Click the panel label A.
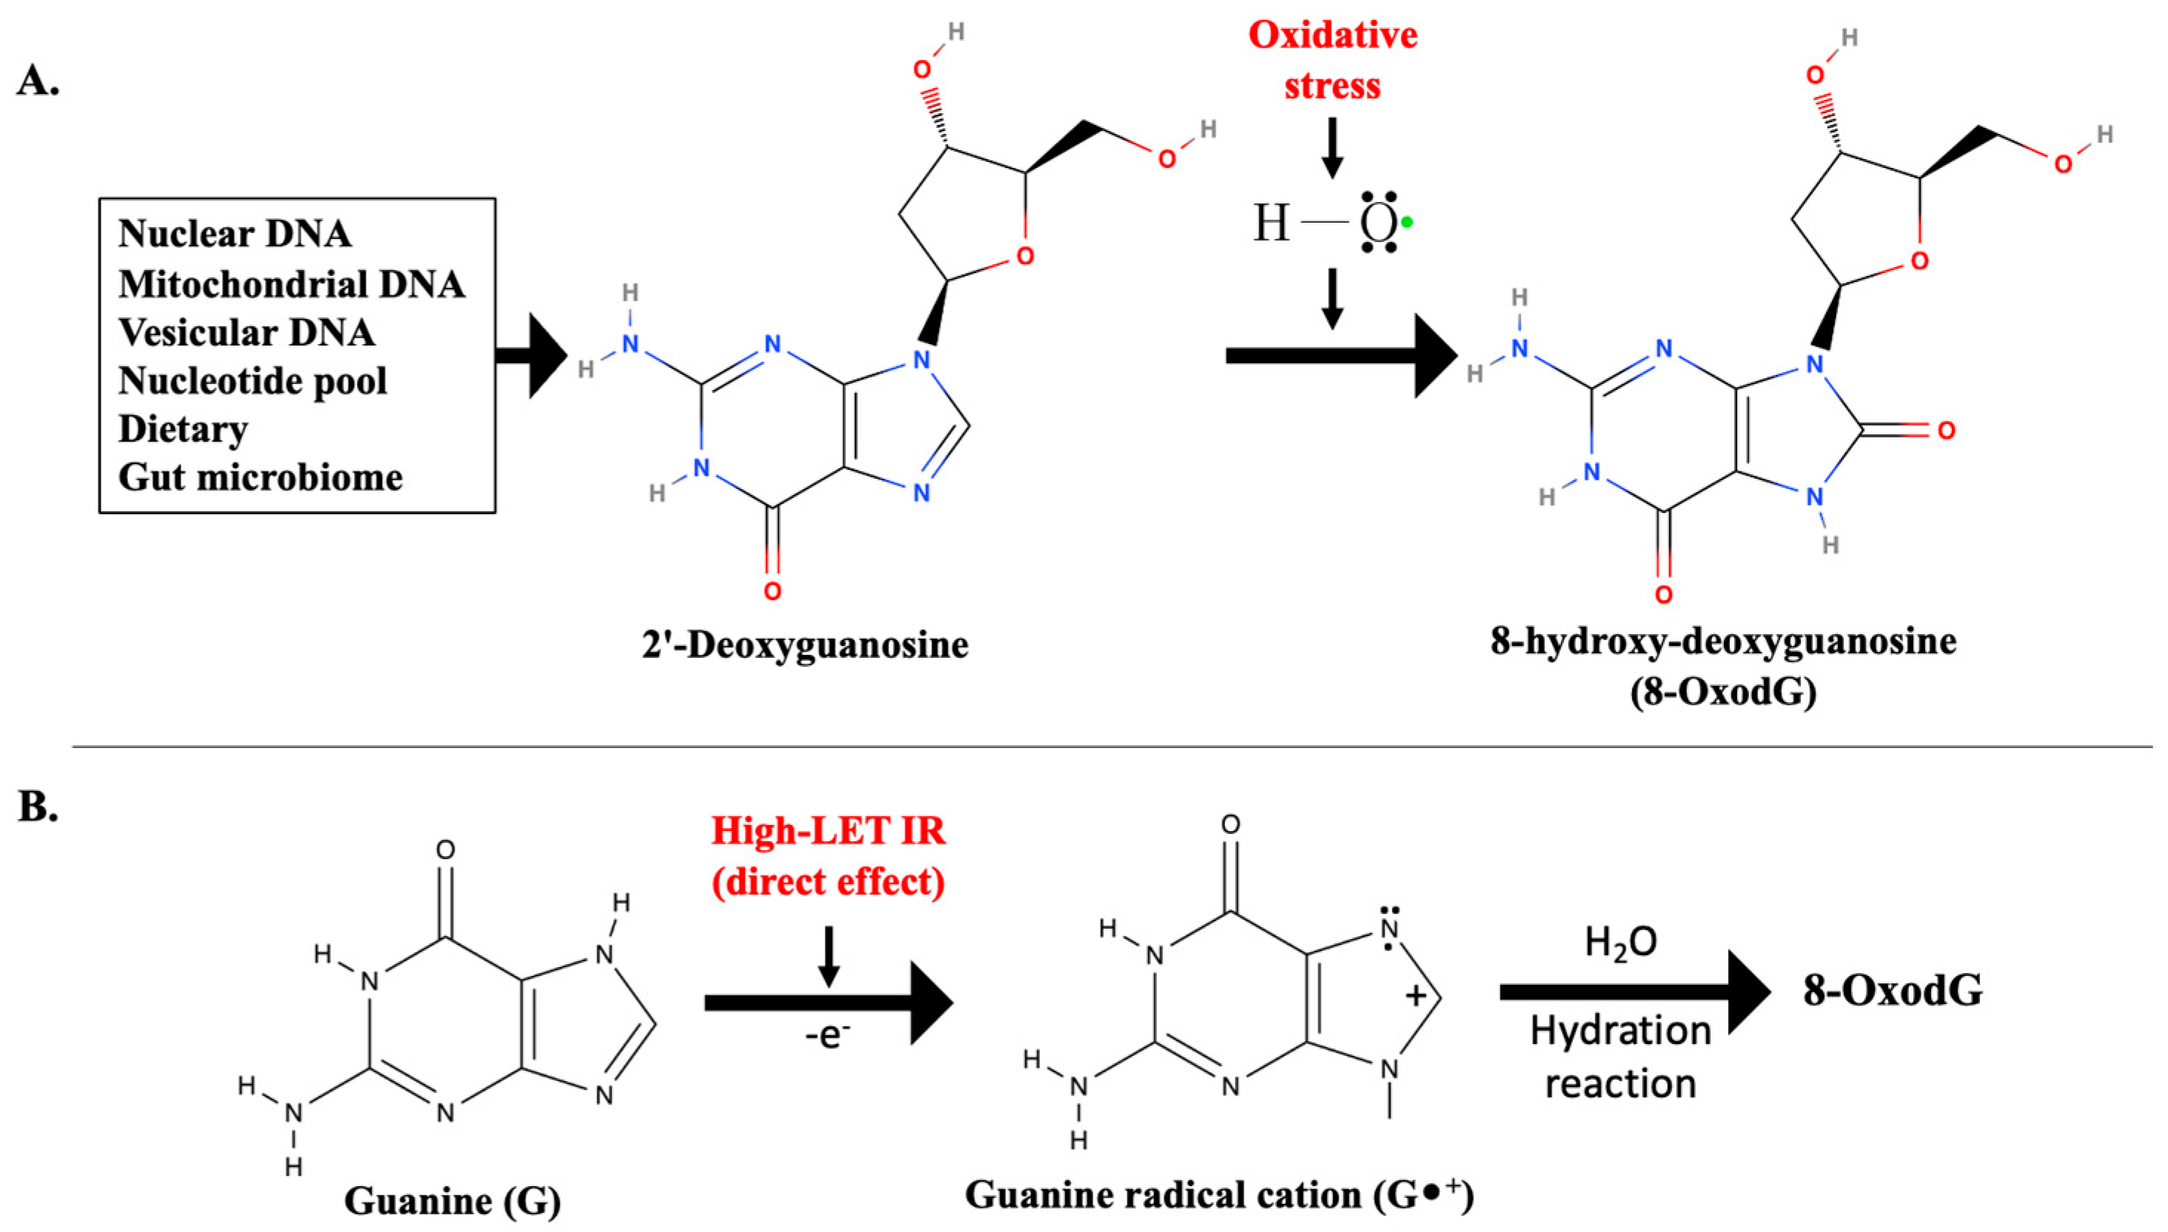[38, 82]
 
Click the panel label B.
[38, 807]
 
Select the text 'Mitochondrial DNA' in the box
[291, 284]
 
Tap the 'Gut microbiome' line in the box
[260, 477]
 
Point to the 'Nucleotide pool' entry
[252, 381]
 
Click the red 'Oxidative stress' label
[1332, 60]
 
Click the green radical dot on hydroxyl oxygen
[1406, 223]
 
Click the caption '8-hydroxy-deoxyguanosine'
[1724, 642]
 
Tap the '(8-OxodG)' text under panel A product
[1724, 692]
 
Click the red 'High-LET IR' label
[828, 831]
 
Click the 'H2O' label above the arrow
[1620, 943]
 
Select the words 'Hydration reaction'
[1620, 1057]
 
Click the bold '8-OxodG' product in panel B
[1892, 991]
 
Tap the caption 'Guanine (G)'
[453, 1201]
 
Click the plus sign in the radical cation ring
[1415, 996]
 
